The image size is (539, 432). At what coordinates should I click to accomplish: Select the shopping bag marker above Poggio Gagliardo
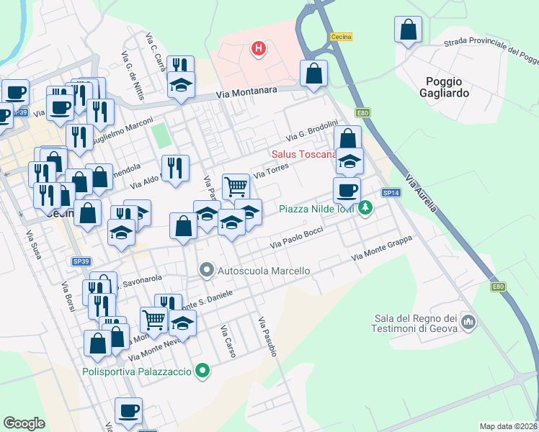click(x=408, y=30)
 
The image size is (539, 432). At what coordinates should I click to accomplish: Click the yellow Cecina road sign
click(x=340, y=37)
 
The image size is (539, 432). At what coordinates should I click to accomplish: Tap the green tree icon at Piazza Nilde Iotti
click(x=367, y=208)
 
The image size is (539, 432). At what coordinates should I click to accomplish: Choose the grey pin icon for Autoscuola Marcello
click(x=207, y=271)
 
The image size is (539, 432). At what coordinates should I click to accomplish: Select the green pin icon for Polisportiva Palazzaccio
click(x=203, y=372)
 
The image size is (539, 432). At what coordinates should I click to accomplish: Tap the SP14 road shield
click(x=391, y=193)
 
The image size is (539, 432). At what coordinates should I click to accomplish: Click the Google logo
click(x=24, y=423)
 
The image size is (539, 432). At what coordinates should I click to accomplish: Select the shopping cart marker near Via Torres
click(x=236, y=186)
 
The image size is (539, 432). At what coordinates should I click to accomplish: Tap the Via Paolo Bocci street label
click(x=296, y=239)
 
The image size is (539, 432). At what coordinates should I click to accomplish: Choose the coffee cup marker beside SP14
click(x=347, y=191)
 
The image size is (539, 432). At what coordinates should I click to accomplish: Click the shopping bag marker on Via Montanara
click(x=314, y=73)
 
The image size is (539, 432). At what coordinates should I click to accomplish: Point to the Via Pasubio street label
click(x=267, y=336)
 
